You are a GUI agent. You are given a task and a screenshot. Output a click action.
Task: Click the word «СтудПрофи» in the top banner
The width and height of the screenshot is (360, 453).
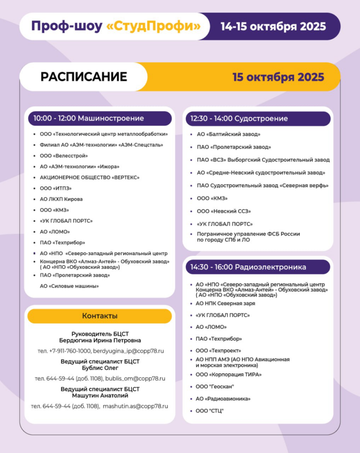[x=153, y=27]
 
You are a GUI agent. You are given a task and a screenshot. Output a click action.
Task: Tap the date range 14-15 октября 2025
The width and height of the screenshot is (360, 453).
[x=273, y=27]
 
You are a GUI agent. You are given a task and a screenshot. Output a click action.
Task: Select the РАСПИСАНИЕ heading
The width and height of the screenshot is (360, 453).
[x=84, y=77]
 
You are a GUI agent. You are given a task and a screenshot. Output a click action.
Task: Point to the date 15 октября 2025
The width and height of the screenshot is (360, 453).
[x=278, y=77]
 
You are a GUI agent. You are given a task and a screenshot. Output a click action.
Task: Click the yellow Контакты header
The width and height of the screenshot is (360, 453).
[x=100, y=316]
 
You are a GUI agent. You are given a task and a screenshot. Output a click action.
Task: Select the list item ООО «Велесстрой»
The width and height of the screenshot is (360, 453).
[x=64, y=156]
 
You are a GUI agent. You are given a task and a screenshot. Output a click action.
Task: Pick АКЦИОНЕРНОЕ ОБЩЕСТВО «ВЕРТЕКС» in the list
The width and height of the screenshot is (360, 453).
[x=89, y=177]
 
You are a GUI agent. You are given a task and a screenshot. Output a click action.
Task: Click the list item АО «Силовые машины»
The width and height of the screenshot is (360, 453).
[x=69, y=286]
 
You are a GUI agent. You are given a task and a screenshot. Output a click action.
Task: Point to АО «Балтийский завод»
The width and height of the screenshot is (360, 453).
[x=228, y=134]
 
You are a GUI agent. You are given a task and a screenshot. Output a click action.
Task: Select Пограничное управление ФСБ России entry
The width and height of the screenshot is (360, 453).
[x=248, y=234]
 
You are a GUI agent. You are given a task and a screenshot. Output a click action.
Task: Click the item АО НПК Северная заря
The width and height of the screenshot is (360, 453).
[x=225, y=303]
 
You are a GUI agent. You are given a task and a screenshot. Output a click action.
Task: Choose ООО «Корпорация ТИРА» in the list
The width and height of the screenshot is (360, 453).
[x=229, y=375]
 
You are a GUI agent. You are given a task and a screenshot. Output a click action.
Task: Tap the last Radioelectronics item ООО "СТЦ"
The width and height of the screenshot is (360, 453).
[x=210, y=411]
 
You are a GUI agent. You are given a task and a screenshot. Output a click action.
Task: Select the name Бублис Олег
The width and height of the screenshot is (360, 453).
[x=100, y=368]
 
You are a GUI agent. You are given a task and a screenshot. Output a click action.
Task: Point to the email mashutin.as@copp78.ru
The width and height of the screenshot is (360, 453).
[x=135, y=406]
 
